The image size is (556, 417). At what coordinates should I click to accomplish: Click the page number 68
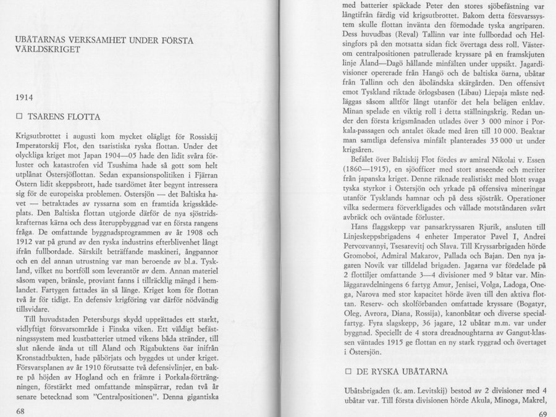point(20,410)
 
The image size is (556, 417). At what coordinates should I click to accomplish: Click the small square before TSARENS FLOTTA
point(20,116)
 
